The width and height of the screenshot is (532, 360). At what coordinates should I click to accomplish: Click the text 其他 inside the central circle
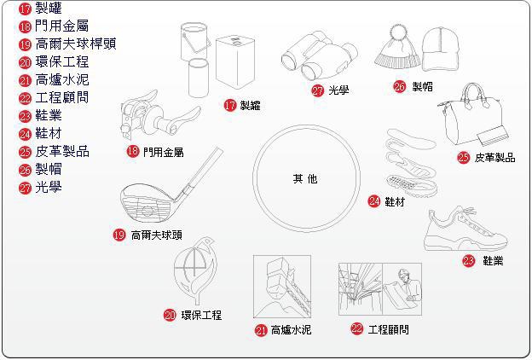pos(305,178)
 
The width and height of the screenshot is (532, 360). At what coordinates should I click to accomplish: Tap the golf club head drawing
pos(147,203)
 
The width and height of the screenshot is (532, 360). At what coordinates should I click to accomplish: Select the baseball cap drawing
pos(440,49)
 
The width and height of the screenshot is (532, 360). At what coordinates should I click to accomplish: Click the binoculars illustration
pos(319,55)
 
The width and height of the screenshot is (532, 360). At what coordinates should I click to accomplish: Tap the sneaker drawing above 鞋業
pos(465,229)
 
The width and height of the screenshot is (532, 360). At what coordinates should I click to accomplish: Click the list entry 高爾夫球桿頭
pos(76,44)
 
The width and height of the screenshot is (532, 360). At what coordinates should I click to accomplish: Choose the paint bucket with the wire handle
pos(194,41)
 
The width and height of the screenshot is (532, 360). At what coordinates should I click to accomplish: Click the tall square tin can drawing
pos(235,62)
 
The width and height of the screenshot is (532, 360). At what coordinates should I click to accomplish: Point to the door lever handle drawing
pos(159,115)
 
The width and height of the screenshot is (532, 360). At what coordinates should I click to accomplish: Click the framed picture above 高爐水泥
pos(282,287)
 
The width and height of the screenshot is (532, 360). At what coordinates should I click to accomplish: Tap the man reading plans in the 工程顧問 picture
pos(402,289)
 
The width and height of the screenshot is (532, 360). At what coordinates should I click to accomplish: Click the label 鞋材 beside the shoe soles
pos(395,201)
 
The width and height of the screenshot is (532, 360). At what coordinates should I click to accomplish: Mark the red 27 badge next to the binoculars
pos(318,90)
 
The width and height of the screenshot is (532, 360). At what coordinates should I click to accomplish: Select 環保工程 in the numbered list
pos(62,61)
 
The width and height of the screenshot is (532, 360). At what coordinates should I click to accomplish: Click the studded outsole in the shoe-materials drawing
pos(412,185)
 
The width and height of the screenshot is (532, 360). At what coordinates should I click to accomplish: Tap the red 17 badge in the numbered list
pos(25,9)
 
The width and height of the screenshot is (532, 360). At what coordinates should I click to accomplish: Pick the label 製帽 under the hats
pos(422,87)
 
